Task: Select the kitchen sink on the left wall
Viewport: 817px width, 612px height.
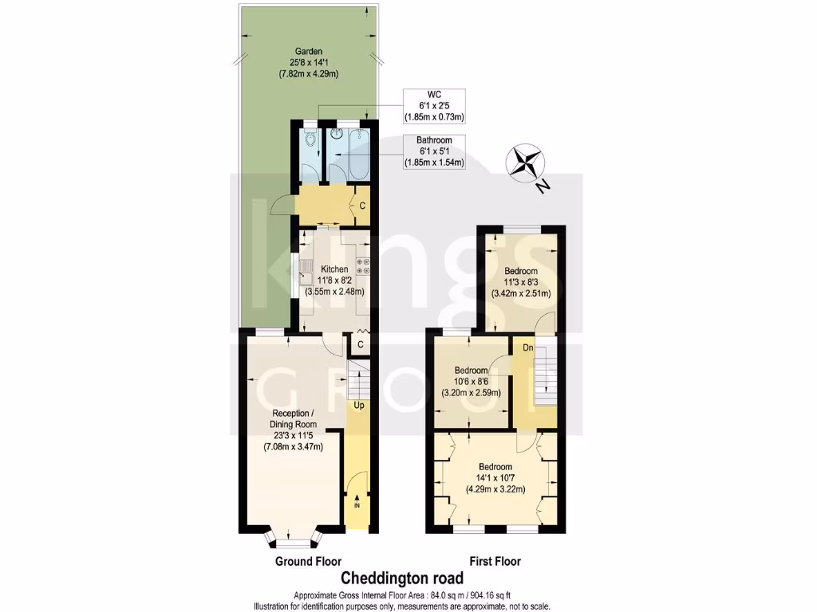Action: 306,276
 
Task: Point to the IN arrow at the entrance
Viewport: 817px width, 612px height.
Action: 357,503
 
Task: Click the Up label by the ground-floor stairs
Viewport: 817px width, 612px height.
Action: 359,406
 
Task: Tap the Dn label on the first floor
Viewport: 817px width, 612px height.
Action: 527,348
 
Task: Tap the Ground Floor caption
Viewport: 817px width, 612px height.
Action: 308,562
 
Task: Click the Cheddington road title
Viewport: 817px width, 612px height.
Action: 402,578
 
